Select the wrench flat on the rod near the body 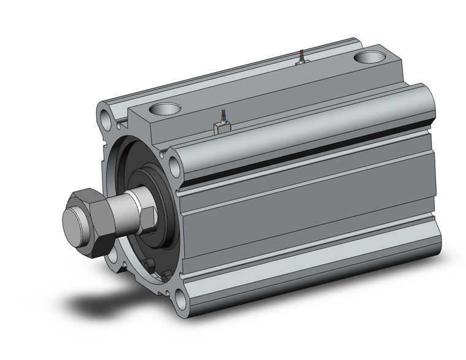pos(149,215)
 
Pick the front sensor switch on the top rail pos(221,127)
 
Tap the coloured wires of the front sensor pos(221,116)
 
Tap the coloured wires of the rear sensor pos(300,55)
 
